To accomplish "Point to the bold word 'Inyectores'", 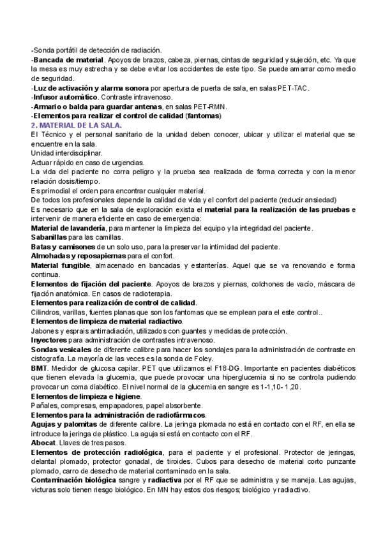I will tap(49, 339).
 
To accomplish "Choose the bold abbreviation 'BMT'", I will tap(39, 368).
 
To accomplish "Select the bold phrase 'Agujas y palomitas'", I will tap(61, 424).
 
